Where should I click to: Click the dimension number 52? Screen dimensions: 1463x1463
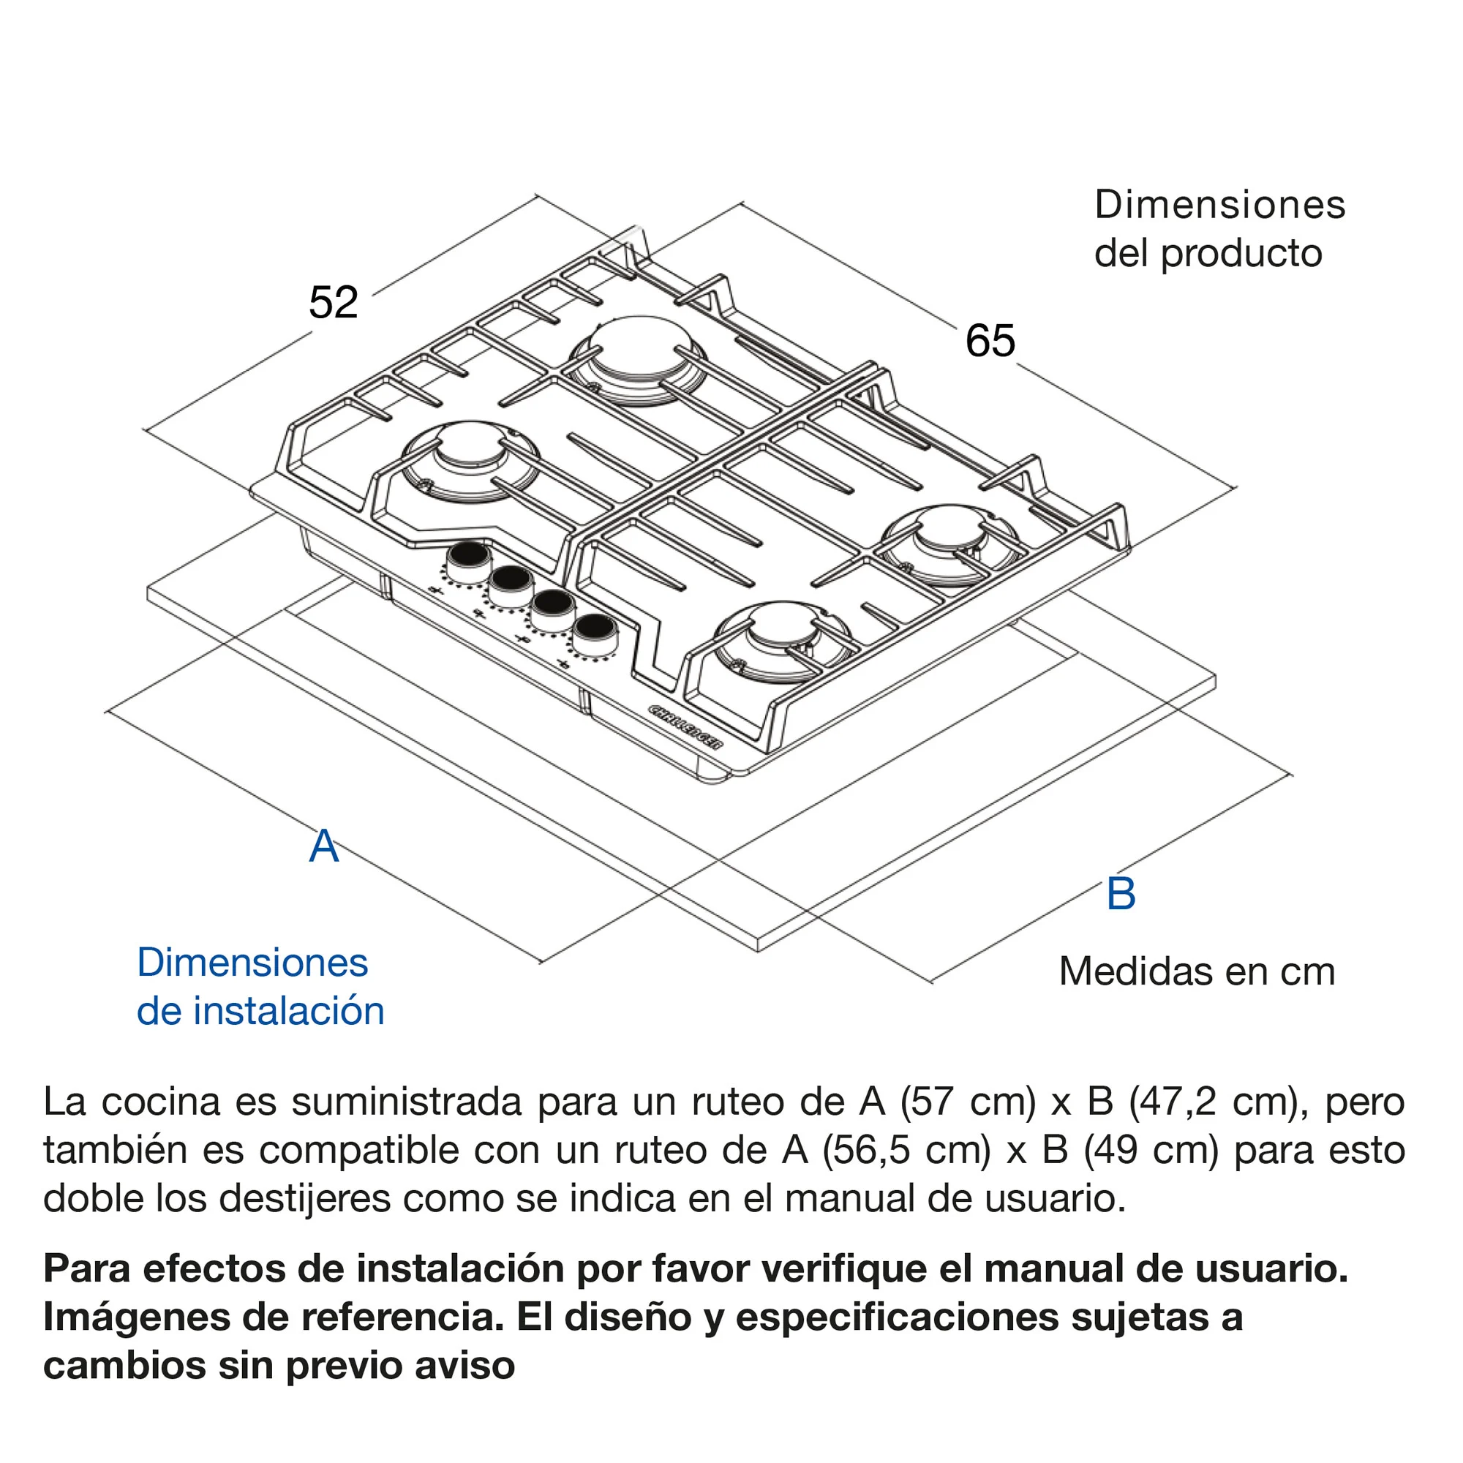(x=333, y=303)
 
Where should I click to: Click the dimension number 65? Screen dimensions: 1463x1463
(x=990, y=341)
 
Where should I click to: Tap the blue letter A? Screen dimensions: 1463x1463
(x=324, y=846)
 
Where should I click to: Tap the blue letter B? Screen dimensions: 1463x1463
(x=1121, y=894)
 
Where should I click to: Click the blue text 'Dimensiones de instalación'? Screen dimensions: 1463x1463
(x=260, y=987)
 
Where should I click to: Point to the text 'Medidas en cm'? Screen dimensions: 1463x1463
(x=1197, y=971)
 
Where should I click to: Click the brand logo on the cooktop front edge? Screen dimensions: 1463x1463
(x=686, y=726)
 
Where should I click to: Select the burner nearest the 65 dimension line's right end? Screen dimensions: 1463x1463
(x=949, y=543)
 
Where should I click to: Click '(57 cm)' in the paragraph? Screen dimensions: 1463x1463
(x=968, y=1102)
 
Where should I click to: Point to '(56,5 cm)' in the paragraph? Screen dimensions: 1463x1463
(x=906, y=1151)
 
